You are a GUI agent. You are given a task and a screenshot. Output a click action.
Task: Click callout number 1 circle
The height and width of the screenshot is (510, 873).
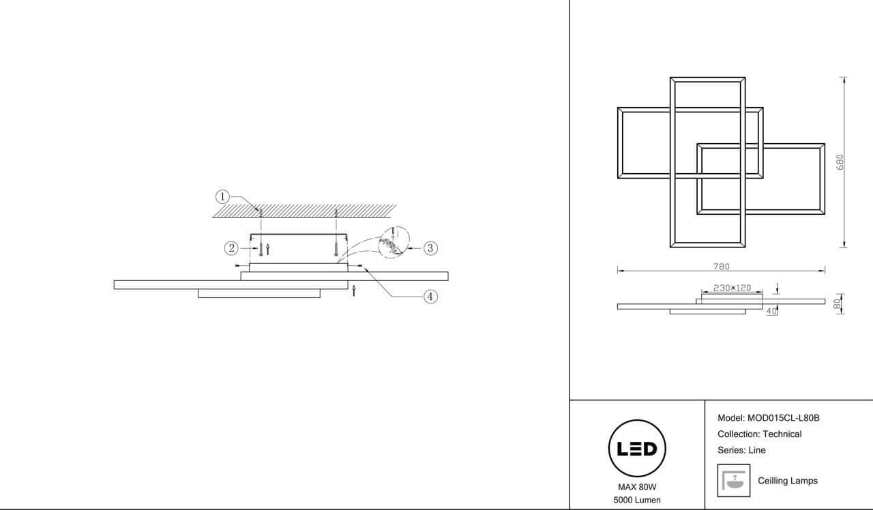pos(222,197)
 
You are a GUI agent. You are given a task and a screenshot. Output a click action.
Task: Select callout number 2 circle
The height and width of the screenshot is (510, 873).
pos(231,248)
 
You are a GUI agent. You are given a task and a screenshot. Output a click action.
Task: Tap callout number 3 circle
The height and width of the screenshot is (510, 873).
pos(430,248)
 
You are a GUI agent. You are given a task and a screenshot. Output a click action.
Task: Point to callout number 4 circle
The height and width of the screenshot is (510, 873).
pos(430,297)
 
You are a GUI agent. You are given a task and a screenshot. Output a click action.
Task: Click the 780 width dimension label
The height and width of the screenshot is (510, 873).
pos(721,267)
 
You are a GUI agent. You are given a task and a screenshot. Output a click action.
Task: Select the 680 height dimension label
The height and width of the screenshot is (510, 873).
pos(840,162)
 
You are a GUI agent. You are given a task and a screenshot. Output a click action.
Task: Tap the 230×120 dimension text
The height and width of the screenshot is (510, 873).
pos(732,288)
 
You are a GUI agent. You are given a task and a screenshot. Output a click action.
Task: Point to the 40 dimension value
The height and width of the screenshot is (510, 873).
pos(771,312)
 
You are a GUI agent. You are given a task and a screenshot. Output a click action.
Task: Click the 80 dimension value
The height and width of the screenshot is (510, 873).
pos(837,304)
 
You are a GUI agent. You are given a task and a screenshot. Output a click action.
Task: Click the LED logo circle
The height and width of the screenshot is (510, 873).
pos(637,448)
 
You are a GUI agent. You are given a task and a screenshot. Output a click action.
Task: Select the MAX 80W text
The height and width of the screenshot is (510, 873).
pos(637,487)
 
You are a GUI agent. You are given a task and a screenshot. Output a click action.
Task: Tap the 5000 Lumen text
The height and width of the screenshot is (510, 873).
pos(637,500)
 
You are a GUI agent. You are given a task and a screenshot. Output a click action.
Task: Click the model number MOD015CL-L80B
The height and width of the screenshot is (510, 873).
pos(783,418)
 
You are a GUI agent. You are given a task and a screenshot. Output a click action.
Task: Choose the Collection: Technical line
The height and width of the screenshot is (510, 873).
pos(760,434)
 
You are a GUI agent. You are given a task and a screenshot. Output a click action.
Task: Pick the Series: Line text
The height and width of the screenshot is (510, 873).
pos(741,450)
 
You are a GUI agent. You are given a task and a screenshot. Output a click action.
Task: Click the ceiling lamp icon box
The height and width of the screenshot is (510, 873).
pos(733,481)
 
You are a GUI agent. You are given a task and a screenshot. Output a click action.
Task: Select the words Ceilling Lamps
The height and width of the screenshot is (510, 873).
pos(788,481)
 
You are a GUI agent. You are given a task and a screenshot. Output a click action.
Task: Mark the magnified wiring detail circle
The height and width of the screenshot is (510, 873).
pos(394,242)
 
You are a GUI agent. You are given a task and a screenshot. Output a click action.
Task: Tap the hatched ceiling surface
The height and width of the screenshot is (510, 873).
pos(304,211)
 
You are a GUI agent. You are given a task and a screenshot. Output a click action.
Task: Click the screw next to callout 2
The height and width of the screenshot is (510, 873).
pos(261,249)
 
